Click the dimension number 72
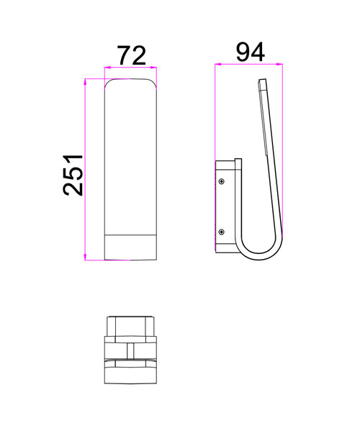(x=132, y=55)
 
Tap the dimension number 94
(x=251, y=52)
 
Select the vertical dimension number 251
(x=73, y=175)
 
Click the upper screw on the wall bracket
(x=222, y=181)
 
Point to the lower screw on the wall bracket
(x=222, y=232)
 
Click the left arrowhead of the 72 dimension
(x=108, y=68)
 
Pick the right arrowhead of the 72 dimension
(x=153, y=68)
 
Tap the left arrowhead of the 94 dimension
(x=218, y=64)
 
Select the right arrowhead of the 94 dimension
(x=279, y=64)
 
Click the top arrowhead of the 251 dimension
(x=85, y=82)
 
